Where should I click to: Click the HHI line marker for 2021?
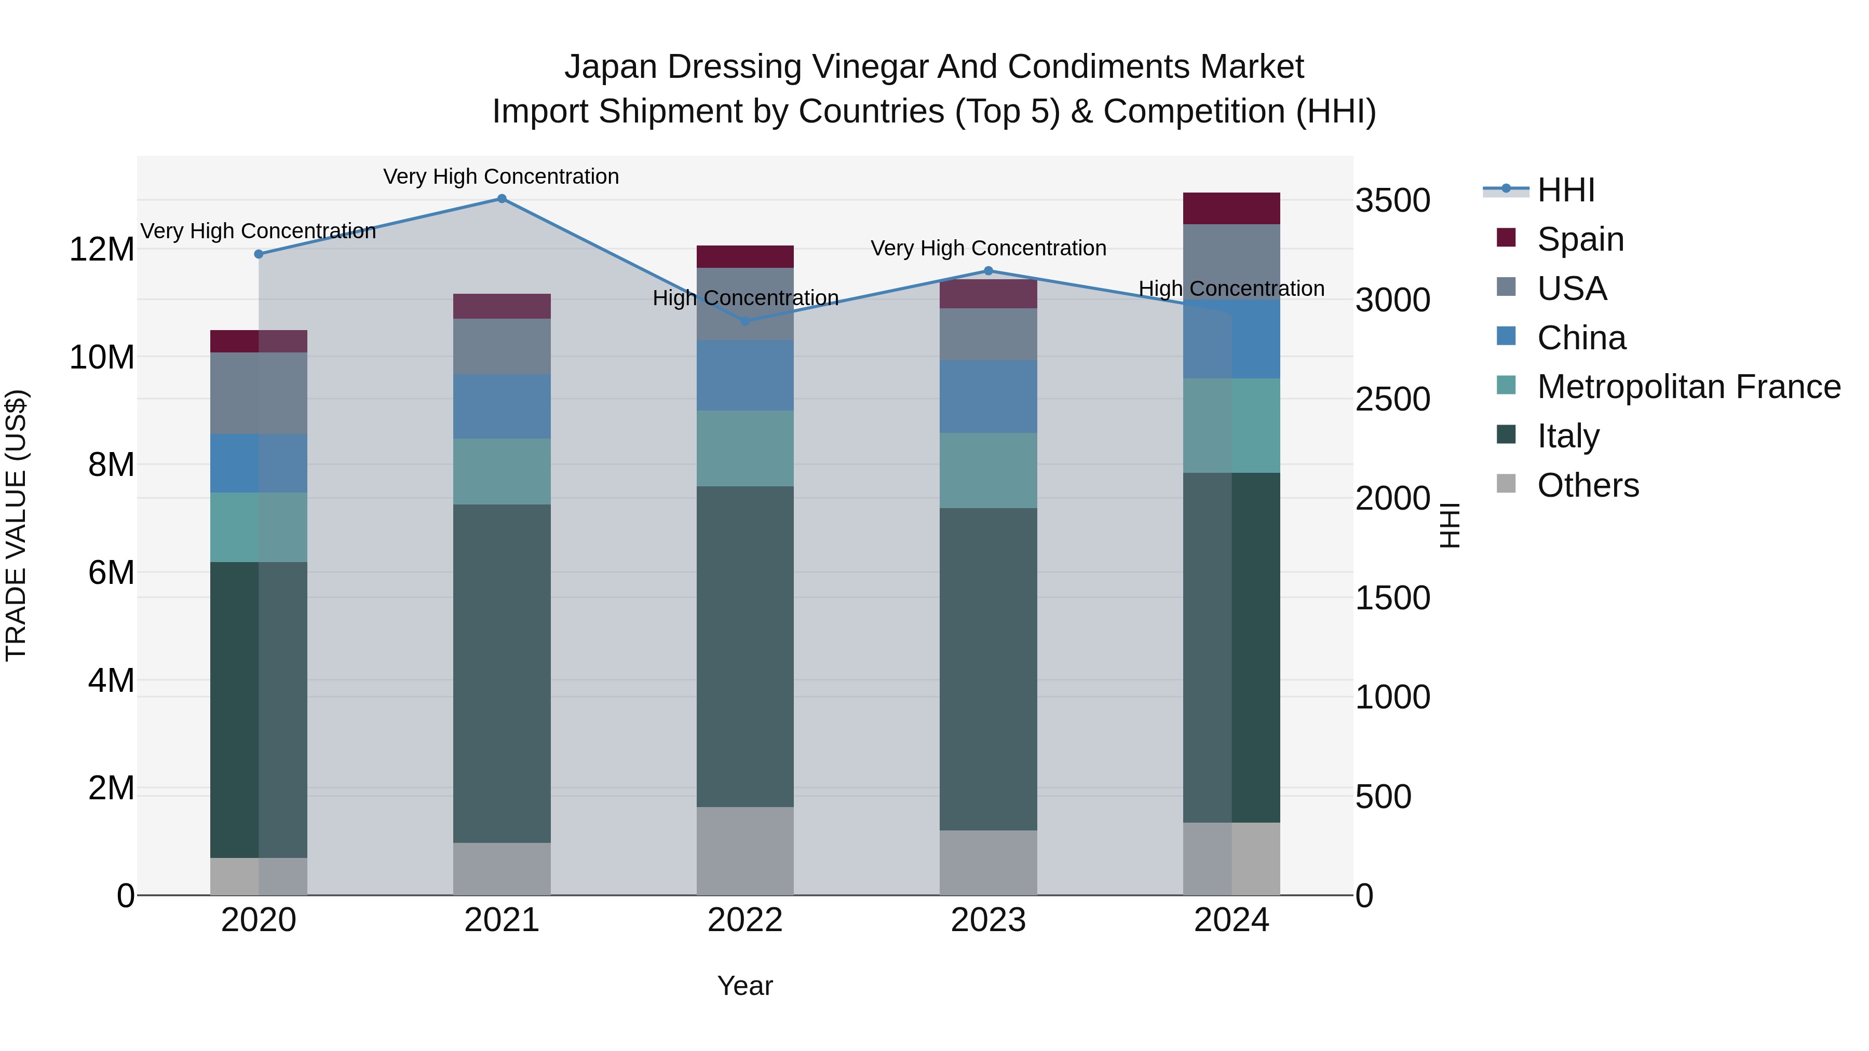click(502, 199)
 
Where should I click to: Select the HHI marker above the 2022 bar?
click(745, 321)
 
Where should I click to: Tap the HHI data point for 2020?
click(259, 254)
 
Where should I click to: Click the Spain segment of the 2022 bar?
click(745, 257)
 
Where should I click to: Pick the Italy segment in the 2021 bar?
click(502, 673)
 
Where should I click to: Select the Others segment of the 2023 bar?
click(988, 863)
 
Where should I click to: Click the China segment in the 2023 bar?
click(988, 397)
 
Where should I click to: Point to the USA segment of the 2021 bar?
click(502, 347)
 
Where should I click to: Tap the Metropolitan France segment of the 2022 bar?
click(745, 448)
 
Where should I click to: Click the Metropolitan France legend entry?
click(1688, 387)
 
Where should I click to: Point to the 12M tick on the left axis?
click(102, 250)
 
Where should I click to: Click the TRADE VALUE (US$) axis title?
click(16, 525)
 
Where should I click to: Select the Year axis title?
click(745, 987)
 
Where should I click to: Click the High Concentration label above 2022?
click(745, 298)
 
